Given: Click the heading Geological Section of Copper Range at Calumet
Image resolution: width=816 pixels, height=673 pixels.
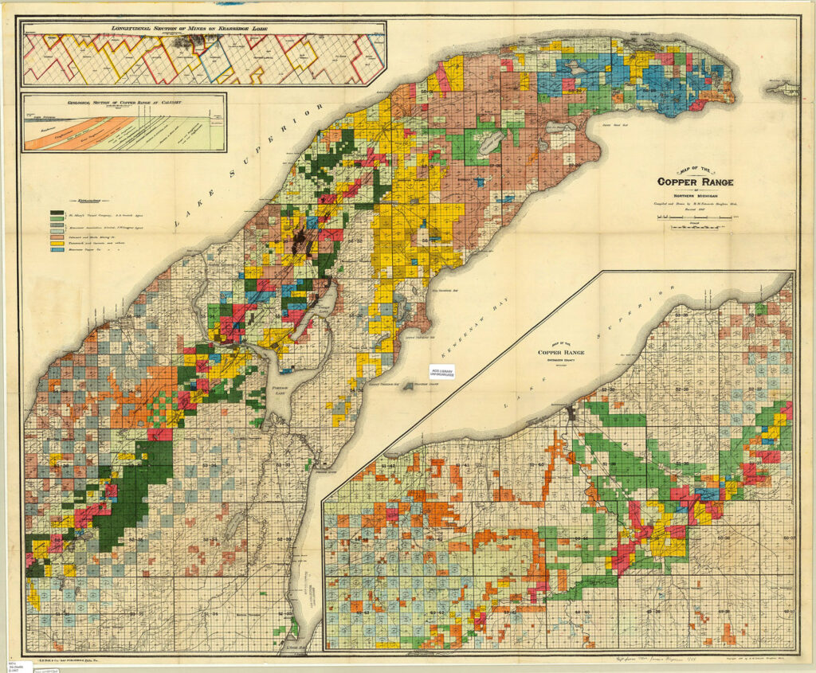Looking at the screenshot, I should click(124, 101).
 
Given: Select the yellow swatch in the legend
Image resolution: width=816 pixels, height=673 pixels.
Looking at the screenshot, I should click(57, 243).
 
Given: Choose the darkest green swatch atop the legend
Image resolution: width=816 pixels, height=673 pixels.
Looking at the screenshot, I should click(57, 213).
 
